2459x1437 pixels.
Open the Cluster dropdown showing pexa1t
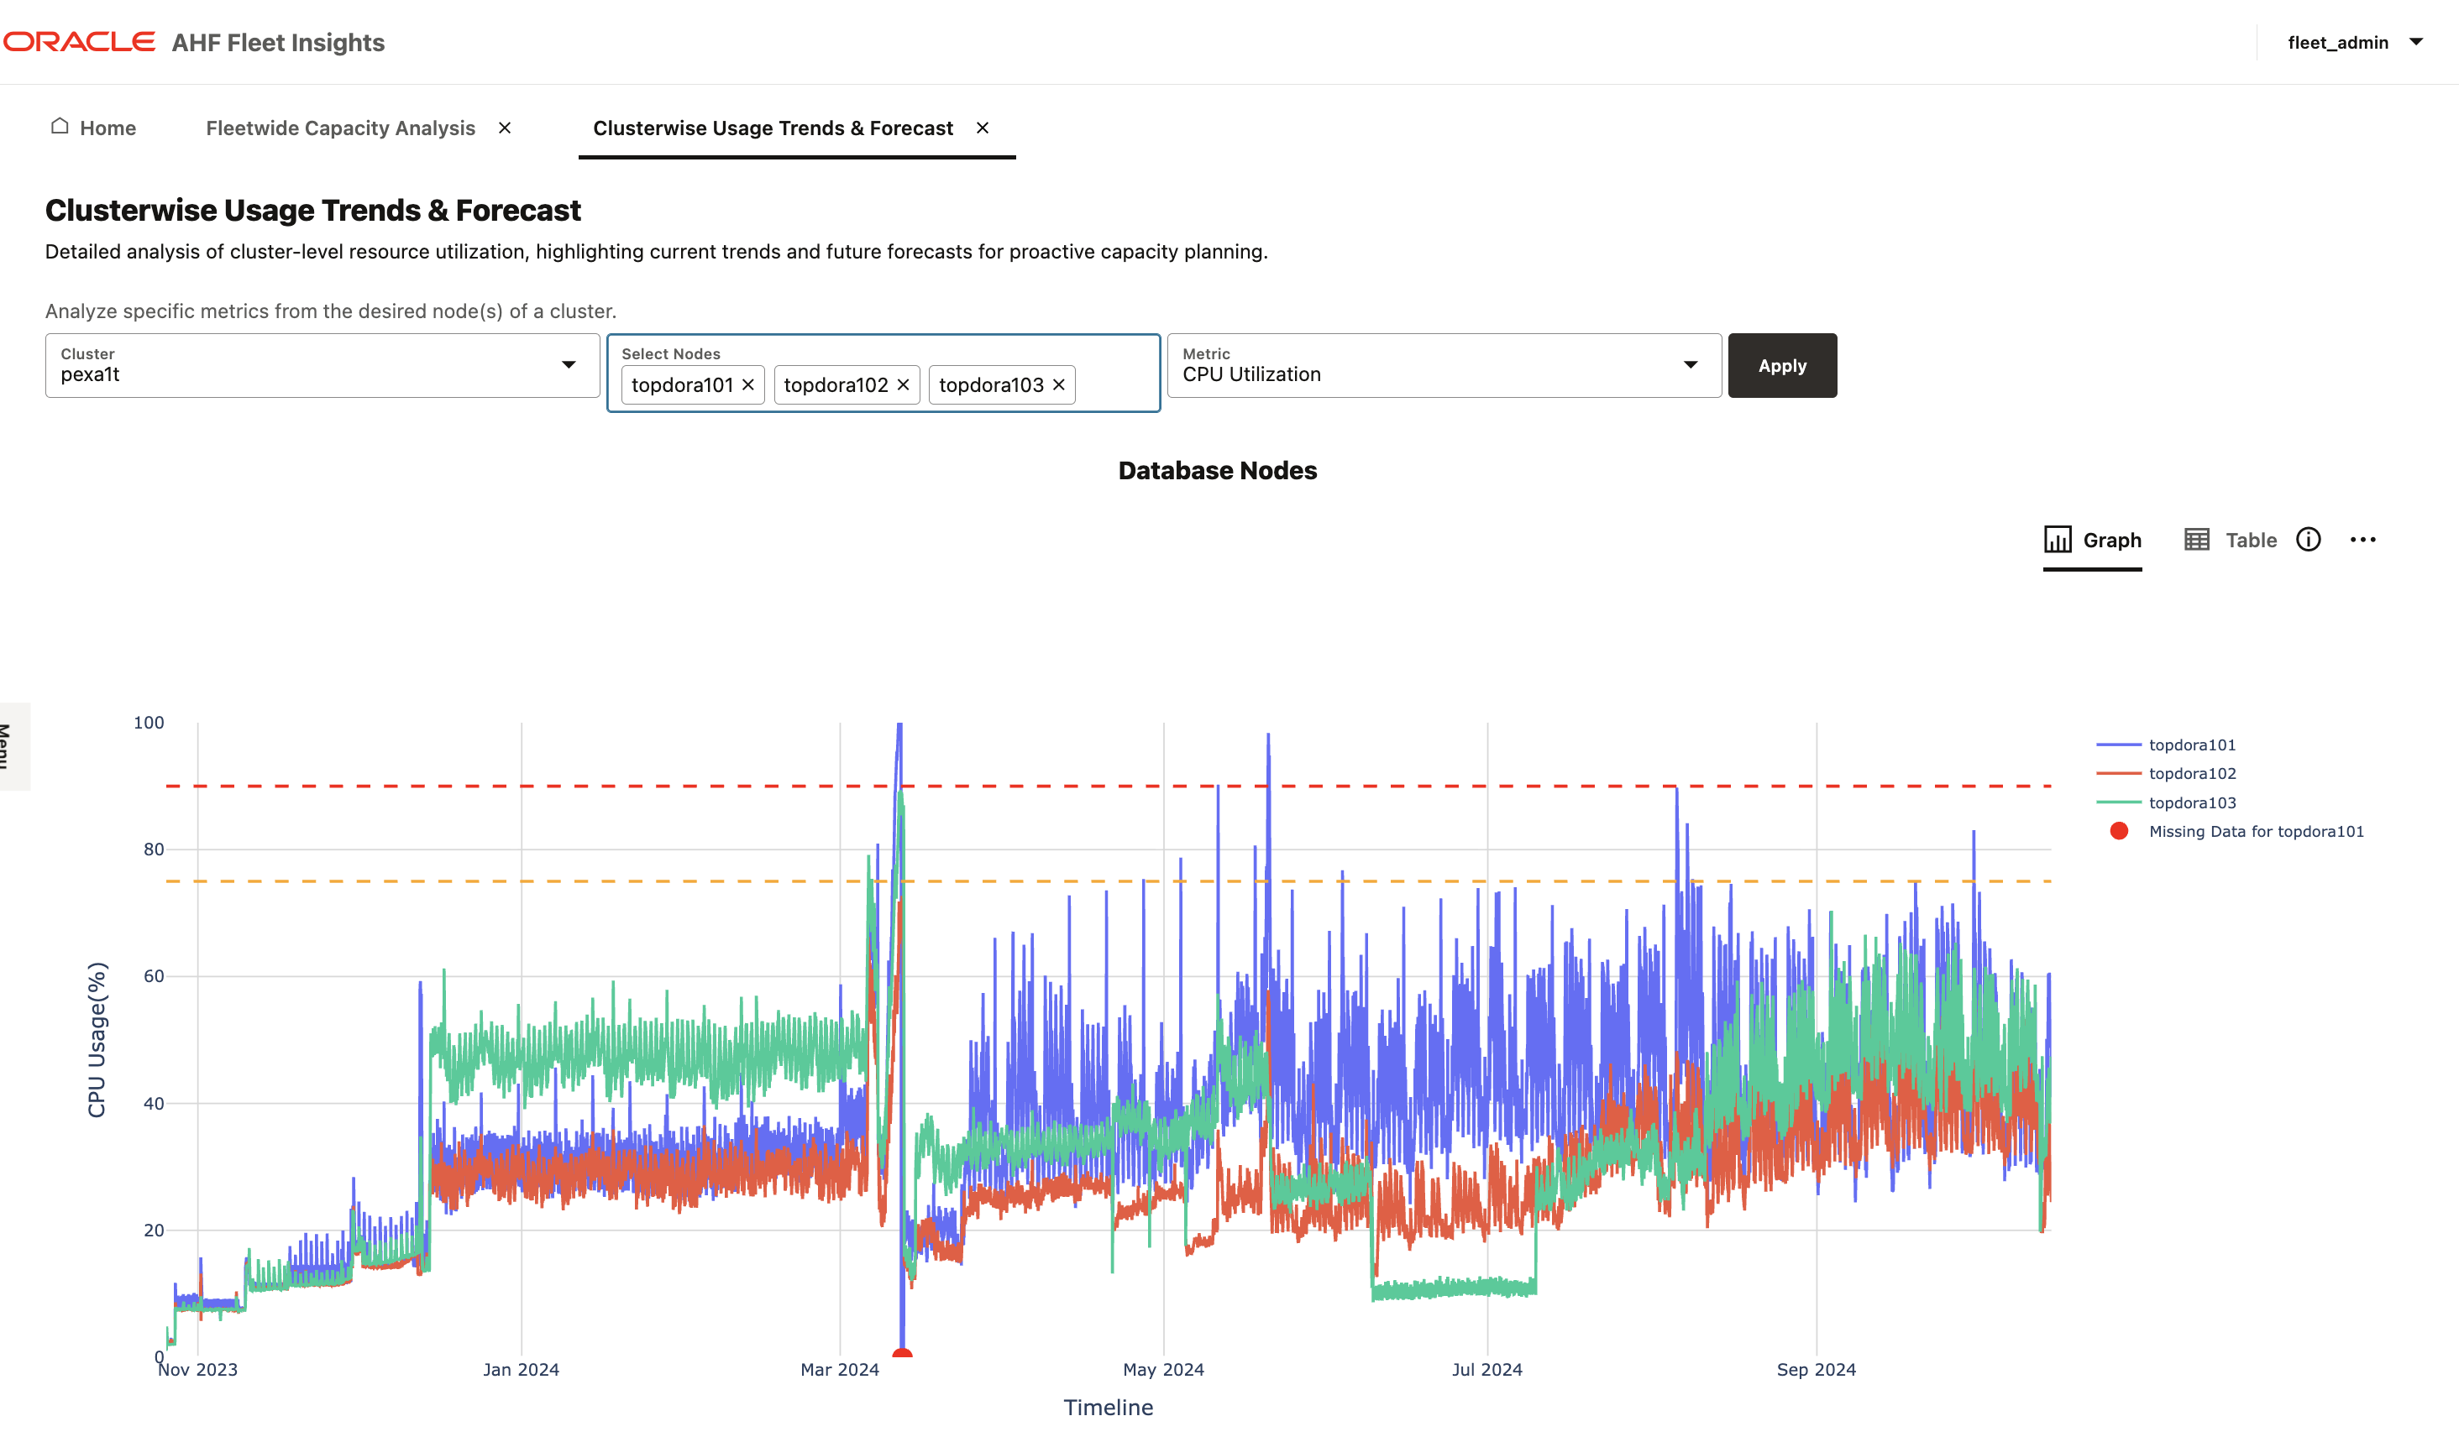pyautogui.click(x=322, y=366)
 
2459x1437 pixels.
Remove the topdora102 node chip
pyautogui.click(x=903, y=385)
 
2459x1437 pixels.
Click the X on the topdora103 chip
pyautogui.click(x=1058, y=385)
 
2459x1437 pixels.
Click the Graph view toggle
pyautogui.click(x=2092, y=541)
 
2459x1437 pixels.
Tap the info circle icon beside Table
pyautogui.click(x=2308, y=540)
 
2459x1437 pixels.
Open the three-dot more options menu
pyautogui.click(x=2362, y=540)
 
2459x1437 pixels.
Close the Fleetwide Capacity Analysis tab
pyautogui.click(x=505, y=128)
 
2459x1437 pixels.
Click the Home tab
pyautogui.click(x=94, y=128)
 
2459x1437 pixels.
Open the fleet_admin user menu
pyautogui.click(x=2354, y=42)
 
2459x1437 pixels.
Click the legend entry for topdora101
pyautogui.click(x=2190, y=745)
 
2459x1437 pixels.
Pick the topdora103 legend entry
pyautogui.click(x=2190, y=803)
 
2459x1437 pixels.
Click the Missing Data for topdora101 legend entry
pyautogui.click(x=2254, y=831)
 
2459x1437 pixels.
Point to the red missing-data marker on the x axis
pyautogui.click(x=902, y=1353)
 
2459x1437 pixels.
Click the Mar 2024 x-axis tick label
pyautogui.click(x=839, y=1370)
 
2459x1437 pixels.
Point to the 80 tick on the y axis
pyautogui.click(x=153, y=849)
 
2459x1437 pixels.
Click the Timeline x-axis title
pyautogui.click(x=1108, y=1407)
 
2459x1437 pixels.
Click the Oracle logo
pyautogui.click(x=79, y=42)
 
